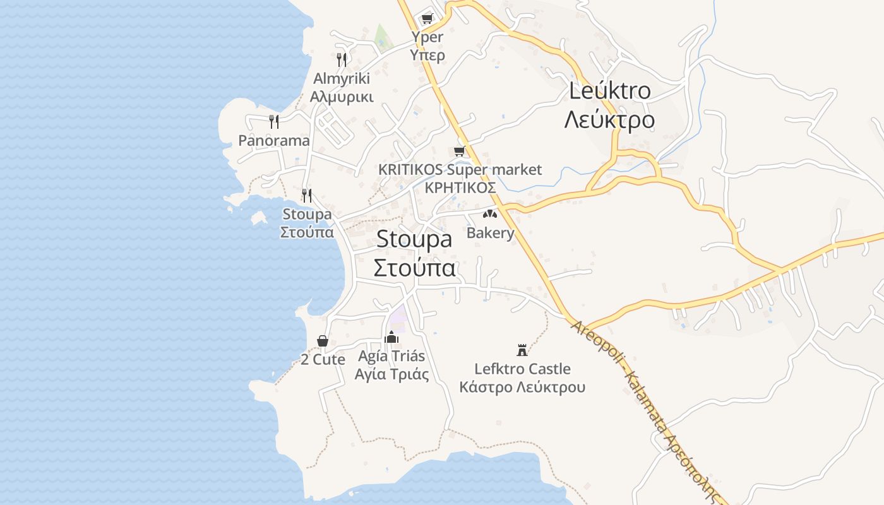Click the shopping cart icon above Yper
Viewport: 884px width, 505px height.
pos(427,18)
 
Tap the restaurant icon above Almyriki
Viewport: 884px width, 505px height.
pos(341,60)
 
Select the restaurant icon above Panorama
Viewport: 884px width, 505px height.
pos(273,121)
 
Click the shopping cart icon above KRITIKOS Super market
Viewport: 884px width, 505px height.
pos(460,151)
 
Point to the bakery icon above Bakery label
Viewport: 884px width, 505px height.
pos(490,214)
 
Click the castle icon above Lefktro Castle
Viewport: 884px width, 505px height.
pos(522,350)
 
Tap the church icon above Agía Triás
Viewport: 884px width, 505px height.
pos(391,337)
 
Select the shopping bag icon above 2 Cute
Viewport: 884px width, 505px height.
pos(323,341)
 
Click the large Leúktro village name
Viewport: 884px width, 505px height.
pos(609,90)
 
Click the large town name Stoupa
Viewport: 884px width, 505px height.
pos(414,239)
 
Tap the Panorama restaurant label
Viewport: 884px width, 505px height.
pos(274,140)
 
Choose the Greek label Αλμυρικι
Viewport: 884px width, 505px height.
pos(342,97)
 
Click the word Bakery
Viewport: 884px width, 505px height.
pos(491,233)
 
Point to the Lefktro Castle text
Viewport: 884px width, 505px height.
pos(522,369)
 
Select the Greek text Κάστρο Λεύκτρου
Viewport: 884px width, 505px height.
pos(522,387)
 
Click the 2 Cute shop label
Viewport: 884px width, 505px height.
pos(323,360)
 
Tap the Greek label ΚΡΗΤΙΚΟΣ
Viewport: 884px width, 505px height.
pos(460,187)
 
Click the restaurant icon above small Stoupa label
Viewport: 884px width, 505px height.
pos(307,195)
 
